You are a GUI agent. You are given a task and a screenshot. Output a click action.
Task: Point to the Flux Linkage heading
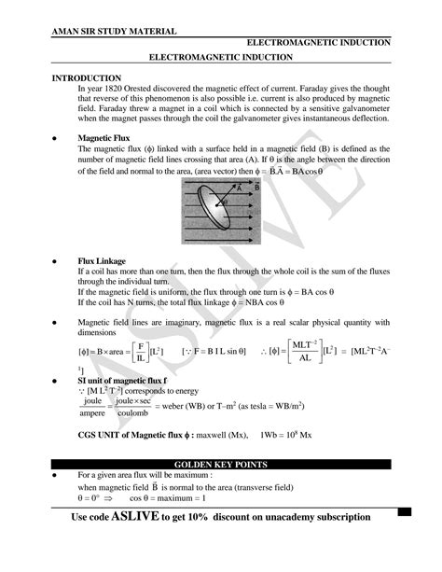point(102,261)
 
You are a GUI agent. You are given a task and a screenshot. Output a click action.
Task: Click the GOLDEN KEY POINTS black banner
point(221,464)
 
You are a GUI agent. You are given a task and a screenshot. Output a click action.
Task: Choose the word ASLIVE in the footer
point(143,516)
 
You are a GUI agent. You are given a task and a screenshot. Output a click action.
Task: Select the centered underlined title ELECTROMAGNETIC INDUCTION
point(221,57)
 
